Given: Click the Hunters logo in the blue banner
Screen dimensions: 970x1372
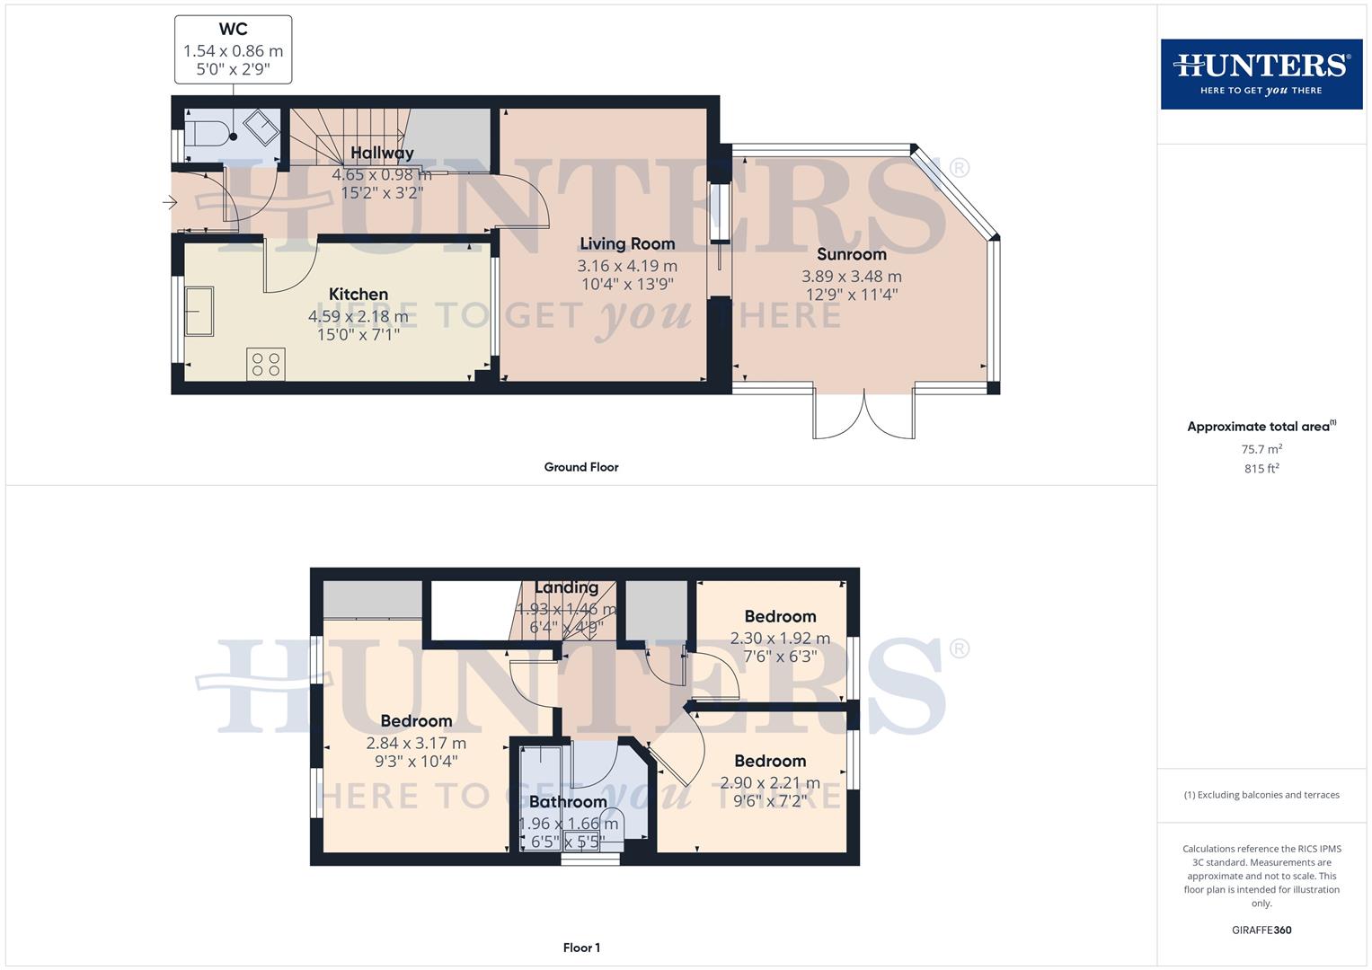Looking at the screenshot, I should (1261, 74).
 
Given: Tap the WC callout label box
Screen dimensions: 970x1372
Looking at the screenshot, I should (233, 50).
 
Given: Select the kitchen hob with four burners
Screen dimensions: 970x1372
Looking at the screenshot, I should (265, 364).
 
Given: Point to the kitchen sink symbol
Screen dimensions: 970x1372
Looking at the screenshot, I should (199, 311).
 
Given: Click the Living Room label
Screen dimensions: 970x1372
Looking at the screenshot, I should (626, 243).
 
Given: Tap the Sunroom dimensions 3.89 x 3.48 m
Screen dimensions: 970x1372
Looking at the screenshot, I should (851, 277).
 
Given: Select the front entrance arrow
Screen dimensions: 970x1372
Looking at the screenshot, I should (169, 203).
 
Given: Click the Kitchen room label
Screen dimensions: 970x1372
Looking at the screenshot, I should (358, 294).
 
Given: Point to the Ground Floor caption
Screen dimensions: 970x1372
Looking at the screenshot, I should (580, 467).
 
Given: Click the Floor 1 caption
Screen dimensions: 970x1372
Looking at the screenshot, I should (580, 948).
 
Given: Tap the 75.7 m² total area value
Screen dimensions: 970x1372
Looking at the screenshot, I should (1261, 449).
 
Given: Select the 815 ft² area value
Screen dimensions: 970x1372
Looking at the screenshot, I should (1261, 469).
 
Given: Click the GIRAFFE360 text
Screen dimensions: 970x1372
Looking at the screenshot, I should (1261, 930).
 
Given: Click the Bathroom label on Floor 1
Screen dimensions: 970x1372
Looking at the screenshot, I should (567, 801).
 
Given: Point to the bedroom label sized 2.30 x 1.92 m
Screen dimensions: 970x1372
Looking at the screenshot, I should (779, 616).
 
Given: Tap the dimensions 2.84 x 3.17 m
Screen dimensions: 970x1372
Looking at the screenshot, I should (415, 743).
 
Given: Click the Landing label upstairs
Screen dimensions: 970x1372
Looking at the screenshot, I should (566, 587).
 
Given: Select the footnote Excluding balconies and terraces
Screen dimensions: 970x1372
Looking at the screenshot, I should (1261, 795).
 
